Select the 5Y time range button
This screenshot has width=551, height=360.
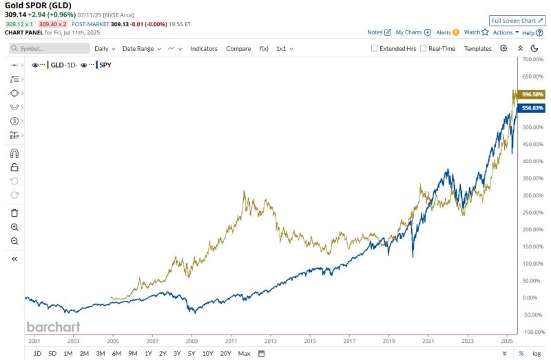[192, 353]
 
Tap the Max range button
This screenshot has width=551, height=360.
[244, 353]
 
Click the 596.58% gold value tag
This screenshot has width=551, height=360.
[532, 94]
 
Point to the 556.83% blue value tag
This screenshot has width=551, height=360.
[532, 108]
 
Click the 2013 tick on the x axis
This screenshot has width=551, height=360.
[271, 341]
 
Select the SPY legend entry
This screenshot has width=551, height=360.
[105, 65]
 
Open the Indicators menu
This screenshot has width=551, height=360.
[204, 49]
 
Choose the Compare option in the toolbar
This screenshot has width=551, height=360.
[238, 49]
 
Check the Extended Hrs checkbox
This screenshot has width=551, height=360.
[375, 49]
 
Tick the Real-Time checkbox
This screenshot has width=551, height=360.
[424, 49]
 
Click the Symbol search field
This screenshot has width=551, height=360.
[50, 49]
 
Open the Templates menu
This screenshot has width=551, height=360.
[477, 49]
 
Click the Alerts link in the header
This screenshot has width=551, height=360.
[444, 32]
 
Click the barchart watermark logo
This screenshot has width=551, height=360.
[53, 327]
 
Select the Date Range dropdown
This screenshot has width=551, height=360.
[141, 49]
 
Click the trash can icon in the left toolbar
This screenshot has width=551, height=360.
[14, 213]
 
